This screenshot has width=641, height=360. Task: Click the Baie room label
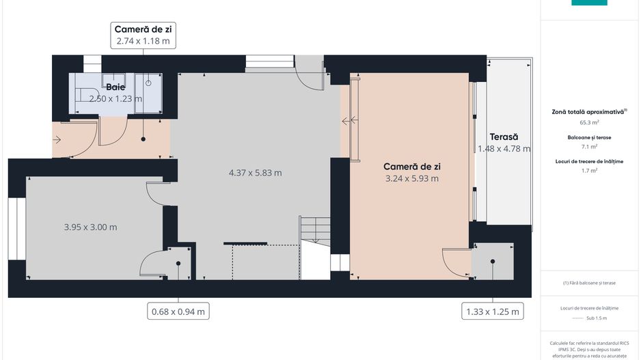click(x=115, y=87)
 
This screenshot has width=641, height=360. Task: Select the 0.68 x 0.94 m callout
click(x=178, y=311)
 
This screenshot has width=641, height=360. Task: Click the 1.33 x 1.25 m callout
click(x=492, y=311)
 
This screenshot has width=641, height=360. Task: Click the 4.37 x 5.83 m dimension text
click(x=255, y=173)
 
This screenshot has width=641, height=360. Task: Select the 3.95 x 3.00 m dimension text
click(x=90, y=227)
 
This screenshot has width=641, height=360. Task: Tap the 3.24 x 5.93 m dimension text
click(x=411, y=179)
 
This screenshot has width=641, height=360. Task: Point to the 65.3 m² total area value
click(x=589, y=122)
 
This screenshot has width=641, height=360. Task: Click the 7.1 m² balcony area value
click(x=589, y=146)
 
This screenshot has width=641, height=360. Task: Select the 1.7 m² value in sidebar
click(x=589, y=171)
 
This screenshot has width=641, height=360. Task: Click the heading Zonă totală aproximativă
click(x=589, y=111)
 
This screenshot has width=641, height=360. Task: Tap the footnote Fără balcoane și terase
click(x=589, y=283)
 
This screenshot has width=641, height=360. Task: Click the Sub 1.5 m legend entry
click(x=589, y=318)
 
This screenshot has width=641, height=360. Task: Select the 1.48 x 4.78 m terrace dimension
click(x=504, y=148)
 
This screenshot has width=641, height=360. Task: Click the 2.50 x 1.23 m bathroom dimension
click(x=115, y=98)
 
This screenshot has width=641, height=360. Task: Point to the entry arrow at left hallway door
click(x=56, y=140)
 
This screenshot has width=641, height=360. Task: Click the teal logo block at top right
click(x=589, y=3)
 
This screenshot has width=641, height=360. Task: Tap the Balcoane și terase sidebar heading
click(x=589, y=137)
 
